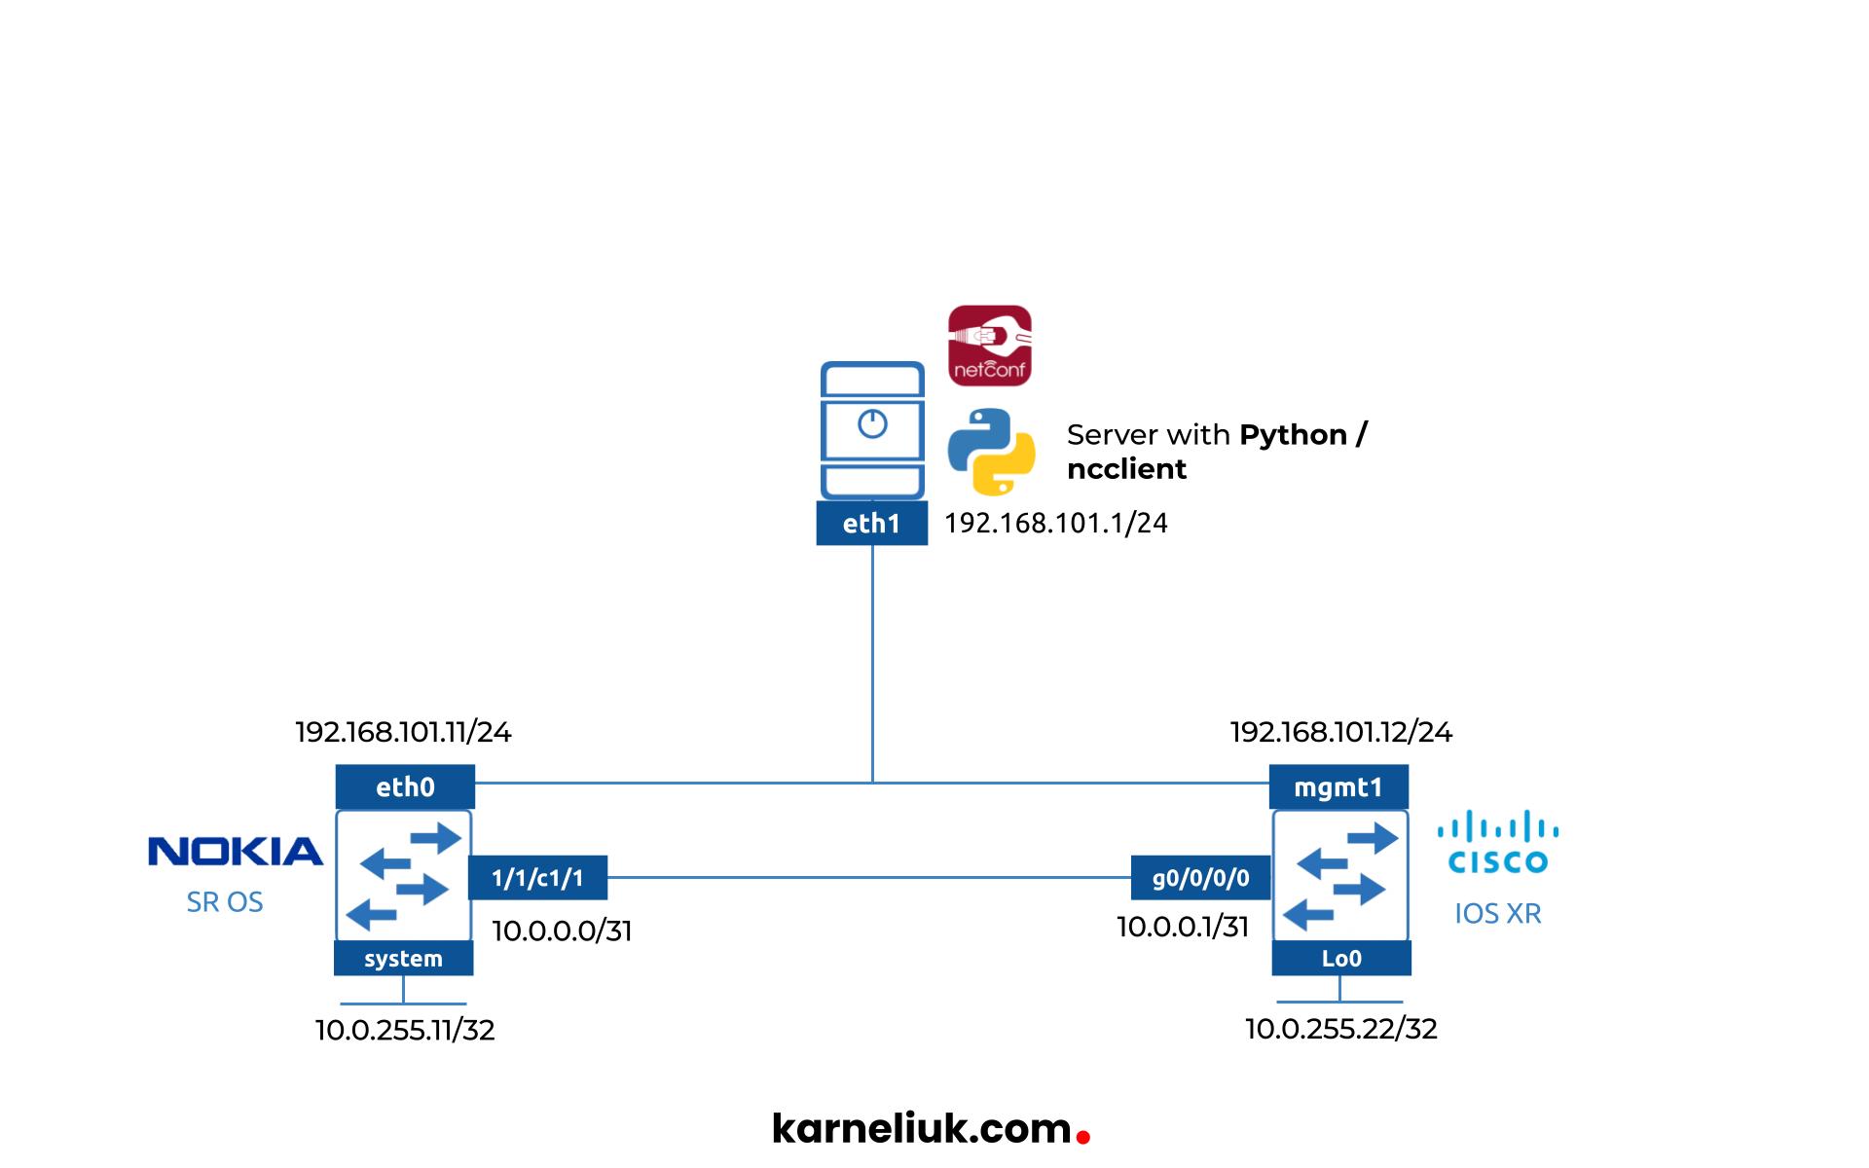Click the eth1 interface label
point(871,524)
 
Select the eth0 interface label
point(405,786)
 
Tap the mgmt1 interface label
point(1338,786)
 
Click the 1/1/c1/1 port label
point(537,878)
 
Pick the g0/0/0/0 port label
point(1200,878)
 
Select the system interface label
point(403,959)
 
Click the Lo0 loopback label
point(1340,959)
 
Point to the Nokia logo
point(235,852)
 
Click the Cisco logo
point(1498,843)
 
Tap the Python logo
point(991,452)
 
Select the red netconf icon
point(990,346)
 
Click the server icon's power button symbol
point(872,424)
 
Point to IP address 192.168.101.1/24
point(1055,524)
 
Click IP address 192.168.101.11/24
point(403,732)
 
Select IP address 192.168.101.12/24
point(1340,732)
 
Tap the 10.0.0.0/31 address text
point(562,931)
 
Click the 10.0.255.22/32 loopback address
point(1340,1029)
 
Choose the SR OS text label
point(225,902)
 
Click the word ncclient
point(1126,469)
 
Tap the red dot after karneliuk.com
point(1083,1136)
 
